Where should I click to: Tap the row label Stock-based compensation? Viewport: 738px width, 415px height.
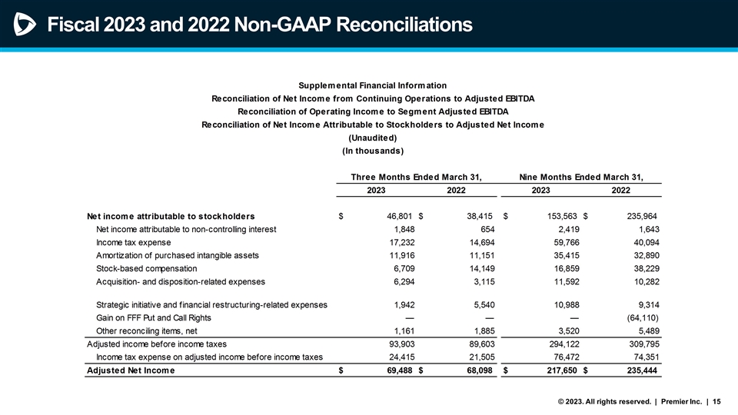click(x=147, y=268)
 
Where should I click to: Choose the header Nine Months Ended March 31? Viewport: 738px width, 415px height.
click(x=580, y=177)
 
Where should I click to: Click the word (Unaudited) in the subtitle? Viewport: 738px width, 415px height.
click(x=372, y=138)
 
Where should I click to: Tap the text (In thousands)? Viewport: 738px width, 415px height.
click(x=372, y=151)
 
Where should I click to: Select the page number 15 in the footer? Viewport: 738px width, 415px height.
click(x=717, y=400)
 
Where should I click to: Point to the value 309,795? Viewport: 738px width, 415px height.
click(x=640, y=344)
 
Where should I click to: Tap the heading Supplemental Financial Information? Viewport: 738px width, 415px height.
click(x=372, y=85)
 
